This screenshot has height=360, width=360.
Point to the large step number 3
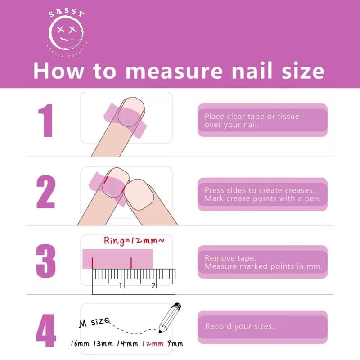tap(46, 261)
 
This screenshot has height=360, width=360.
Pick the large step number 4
tap(46, 333)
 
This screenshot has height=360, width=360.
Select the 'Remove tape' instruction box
tap(262, 262)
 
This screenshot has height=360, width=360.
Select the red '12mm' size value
tap(152, 344)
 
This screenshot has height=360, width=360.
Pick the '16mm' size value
tap(81, 344)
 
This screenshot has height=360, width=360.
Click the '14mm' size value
tap(127, 344)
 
